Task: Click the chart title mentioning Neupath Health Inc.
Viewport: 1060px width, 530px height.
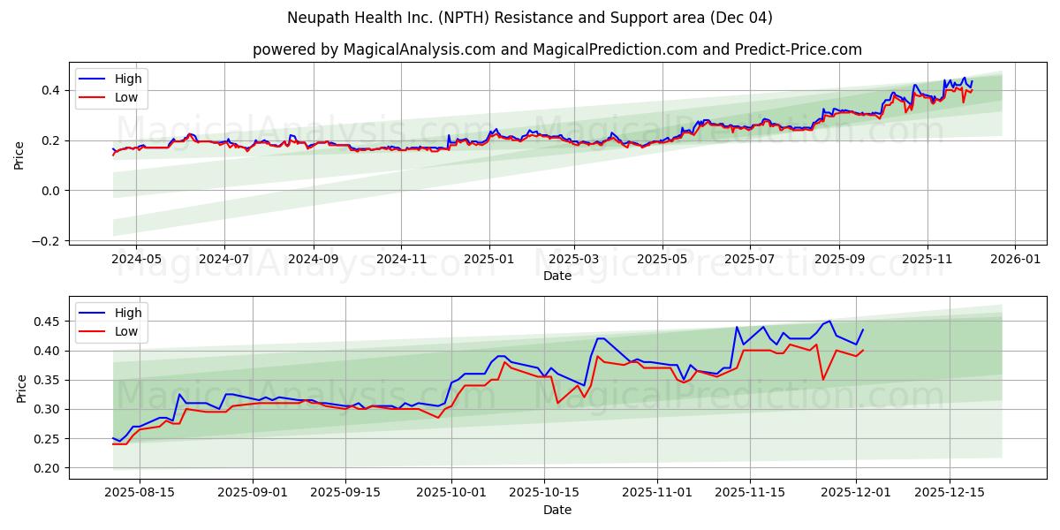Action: tap(530, 18)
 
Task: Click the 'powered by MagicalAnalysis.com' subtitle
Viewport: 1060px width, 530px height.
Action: tap(556, 49)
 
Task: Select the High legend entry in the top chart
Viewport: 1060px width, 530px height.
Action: tap(127, 79)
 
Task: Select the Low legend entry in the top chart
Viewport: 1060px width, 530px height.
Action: tap(125, 97)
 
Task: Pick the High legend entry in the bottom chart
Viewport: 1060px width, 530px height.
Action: tap(127, 313)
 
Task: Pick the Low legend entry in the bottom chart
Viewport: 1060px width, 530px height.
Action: tap(125, 331)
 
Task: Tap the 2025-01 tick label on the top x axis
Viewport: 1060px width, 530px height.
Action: tap(488, 260)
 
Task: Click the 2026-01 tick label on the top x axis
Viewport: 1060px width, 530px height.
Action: tap(1014, 260)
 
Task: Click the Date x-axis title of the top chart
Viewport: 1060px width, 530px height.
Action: tap(556, 276)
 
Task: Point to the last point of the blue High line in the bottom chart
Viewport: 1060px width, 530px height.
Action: tap(863, 329)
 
